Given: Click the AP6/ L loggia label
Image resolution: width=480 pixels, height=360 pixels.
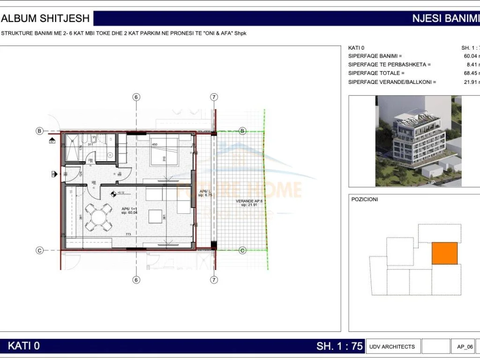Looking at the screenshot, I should [205, 194].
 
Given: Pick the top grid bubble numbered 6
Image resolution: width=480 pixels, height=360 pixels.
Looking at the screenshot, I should [136, 97].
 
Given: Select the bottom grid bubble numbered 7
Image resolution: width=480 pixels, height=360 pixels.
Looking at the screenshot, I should [214, 280].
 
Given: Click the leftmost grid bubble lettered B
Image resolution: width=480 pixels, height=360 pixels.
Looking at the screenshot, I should [39, 131].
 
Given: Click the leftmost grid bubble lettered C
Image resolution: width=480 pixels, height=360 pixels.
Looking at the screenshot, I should [39, 250].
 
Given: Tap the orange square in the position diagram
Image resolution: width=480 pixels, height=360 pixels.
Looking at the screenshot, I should [444, 253].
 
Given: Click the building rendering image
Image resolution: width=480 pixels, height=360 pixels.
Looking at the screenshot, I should [418, 141].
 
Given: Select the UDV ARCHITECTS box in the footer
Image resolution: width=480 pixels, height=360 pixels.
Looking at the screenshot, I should [392, 346].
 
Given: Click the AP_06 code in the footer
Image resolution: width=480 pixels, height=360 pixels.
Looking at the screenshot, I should [465, 347].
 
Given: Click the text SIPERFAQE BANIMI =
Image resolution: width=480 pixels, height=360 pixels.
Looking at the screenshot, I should [375, 56].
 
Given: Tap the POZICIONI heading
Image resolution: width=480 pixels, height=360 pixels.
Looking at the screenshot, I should [364, 199].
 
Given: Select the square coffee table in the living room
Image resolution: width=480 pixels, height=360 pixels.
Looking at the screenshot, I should [155, 216].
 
